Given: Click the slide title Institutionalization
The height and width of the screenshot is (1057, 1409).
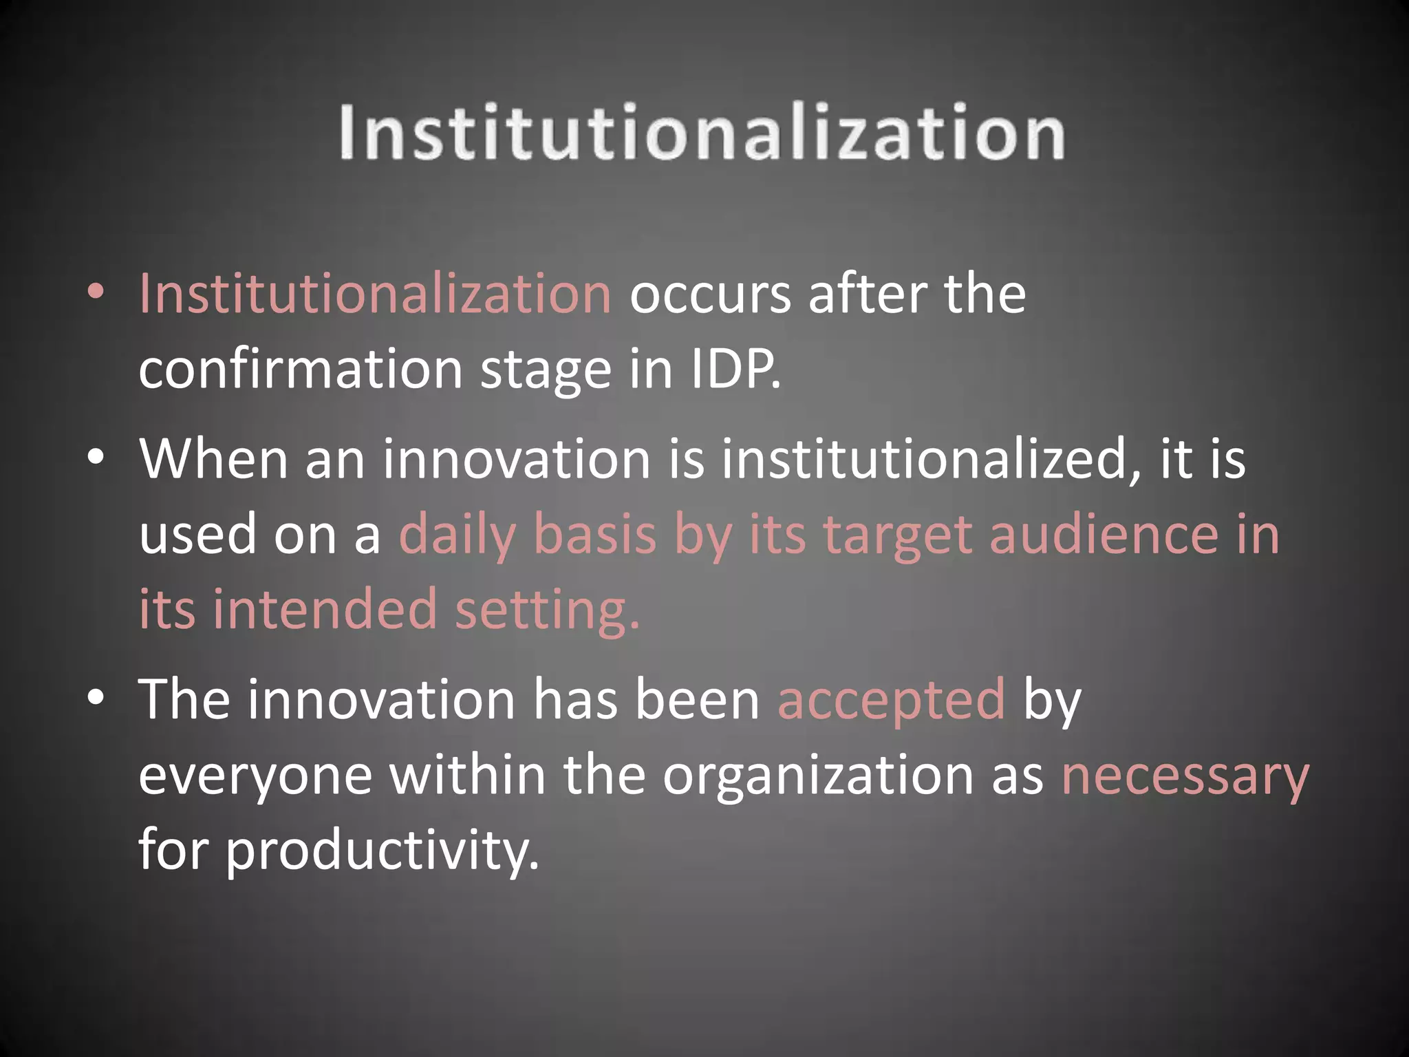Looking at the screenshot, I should (702, 132).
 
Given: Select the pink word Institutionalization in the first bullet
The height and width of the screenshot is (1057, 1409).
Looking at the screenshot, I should (375, 294).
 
